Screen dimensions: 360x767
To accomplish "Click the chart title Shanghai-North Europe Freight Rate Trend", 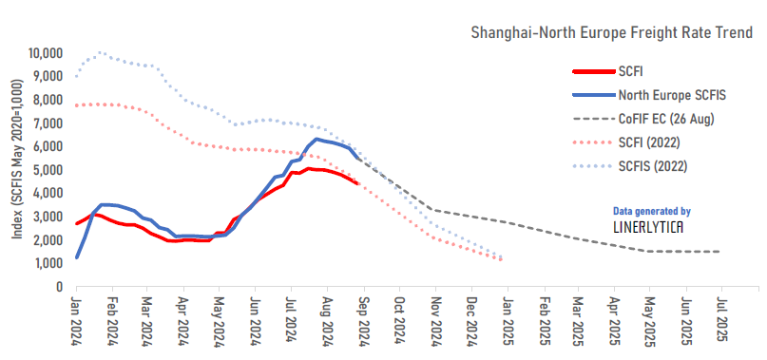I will click(612, 33).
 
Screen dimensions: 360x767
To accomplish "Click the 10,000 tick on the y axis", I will click(45, 53).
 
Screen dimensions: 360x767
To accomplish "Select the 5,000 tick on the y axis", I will click(48, 170).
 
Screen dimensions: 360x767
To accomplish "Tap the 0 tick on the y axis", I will click(58, 286).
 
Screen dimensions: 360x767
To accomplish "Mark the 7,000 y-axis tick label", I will click(48, 123).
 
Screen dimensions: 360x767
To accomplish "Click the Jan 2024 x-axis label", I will click(76, 319).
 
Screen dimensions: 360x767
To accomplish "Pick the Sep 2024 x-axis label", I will click(362, 319).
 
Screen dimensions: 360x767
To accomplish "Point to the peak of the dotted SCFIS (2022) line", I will click(100, 52).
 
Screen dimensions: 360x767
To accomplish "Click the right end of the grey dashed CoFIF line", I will click(719, 252).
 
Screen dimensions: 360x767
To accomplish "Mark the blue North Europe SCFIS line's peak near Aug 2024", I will click(317, 139).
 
